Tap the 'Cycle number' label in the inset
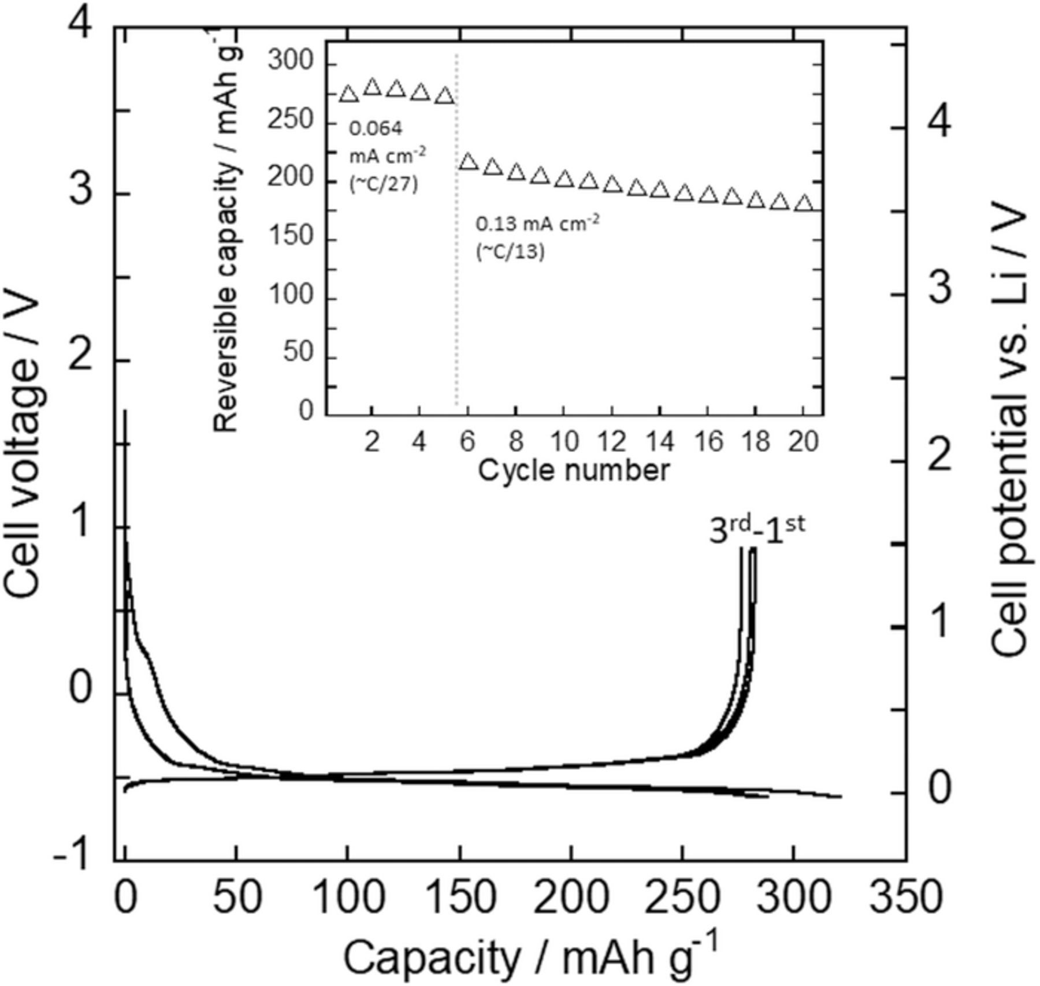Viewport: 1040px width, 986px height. [x=574, y=471]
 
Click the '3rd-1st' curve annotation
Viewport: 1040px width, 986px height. [x=757, y=530]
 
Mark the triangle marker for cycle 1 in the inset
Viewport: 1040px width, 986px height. [x=348, y=94]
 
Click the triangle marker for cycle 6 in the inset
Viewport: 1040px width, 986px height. [x=469, y=162]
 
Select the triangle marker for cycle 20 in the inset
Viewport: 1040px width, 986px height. [x=803, y=204]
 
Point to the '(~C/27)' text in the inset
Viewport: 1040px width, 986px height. [x=384, y=185]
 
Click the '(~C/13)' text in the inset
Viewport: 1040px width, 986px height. [x=510, y=252]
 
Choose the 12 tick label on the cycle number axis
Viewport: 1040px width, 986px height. [x=612, y=442]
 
